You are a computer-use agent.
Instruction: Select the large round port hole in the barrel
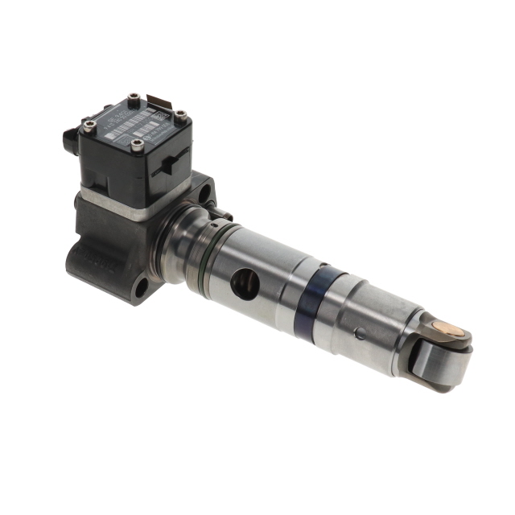246,282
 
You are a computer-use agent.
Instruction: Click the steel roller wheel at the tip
439,358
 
